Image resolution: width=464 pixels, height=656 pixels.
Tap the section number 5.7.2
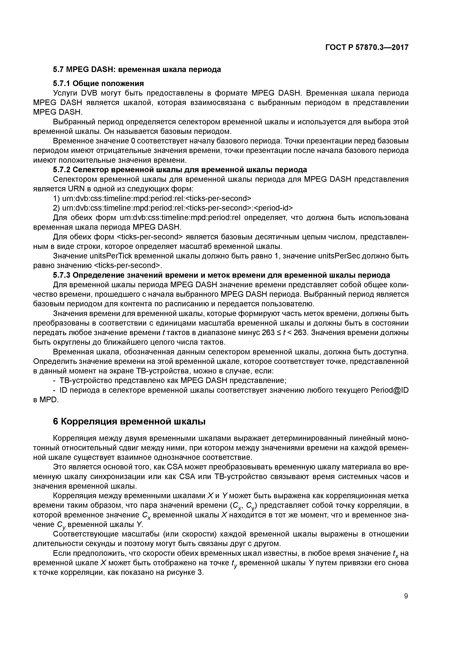pyautogui.click(x=62, y=170)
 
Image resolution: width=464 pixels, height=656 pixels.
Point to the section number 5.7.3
pyautogui.click(x=62, y=275)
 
